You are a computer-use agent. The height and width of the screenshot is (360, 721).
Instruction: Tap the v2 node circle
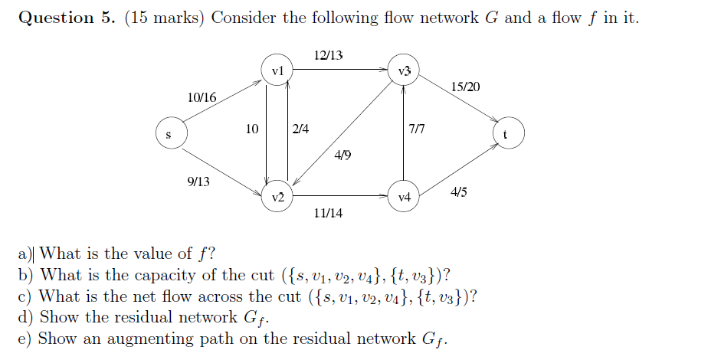(277, 197)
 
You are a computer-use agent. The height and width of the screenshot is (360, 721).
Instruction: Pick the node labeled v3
(404, 70)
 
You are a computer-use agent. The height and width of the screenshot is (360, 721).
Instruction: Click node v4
(404, 197)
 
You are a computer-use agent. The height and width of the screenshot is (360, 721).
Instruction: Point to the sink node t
(506, 135)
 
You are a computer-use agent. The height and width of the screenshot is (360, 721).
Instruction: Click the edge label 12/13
(329, 55)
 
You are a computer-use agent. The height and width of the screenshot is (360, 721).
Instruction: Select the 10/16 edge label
(202, 97)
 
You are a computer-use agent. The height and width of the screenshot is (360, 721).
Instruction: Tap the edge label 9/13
(198, 182)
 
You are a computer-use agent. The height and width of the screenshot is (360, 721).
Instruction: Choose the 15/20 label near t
(466, 87)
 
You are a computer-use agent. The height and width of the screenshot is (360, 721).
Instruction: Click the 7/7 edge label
(416, 129)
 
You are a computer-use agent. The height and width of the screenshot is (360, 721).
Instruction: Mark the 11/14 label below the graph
(328, 213)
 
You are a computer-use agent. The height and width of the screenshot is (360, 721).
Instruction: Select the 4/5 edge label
(458, 191)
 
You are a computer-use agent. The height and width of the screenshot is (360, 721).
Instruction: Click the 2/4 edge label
(300, 129)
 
